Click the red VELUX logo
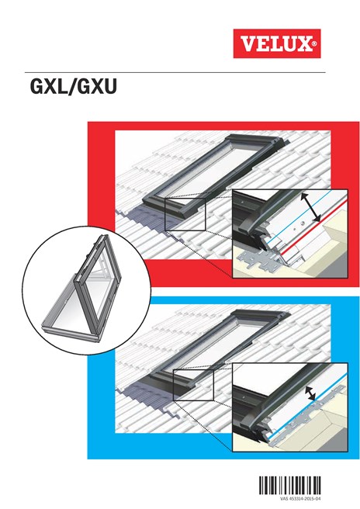click(x=276, y=43)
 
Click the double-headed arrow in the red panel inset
click(x=313, y=207)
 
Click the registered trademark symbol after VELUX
click(x=314, y=45)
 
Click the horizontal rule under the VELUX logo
click(x=180, y=72)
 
